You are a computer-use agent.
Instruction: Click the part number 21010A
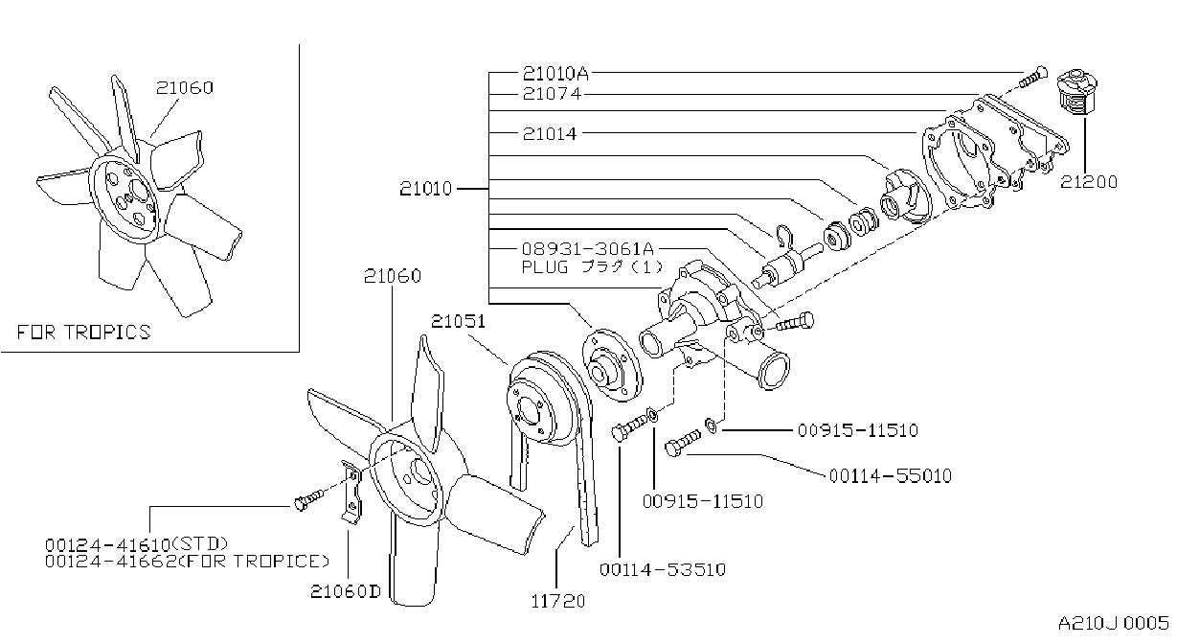[x=555, y=74]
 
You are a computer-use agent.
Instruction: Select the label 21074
[x=552, y=94]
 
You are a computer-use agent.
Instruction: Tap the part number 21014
[x=550, y=133]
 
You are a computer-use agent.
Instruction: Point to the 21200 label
[x=1089, y=182]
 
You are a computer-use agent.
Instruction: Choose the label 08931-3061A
[x=587, y=248]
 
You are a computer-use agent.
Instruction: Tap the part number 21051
[x=458, y=321]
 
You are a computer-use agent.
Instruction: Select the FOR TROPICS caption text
[x=83, y=333]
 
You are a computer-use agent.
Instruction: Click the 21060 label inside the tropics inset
[x=185, y=87]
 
